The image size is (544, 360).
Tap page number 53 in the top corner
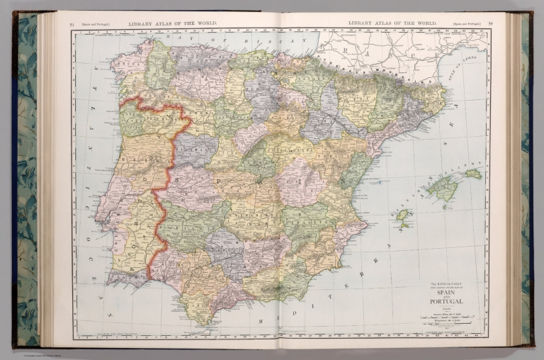pos(72,23)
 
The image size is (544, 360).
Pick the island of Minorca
pos(473,173)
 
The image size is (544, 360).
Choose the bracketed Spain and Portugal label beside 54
pos(465,23)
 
